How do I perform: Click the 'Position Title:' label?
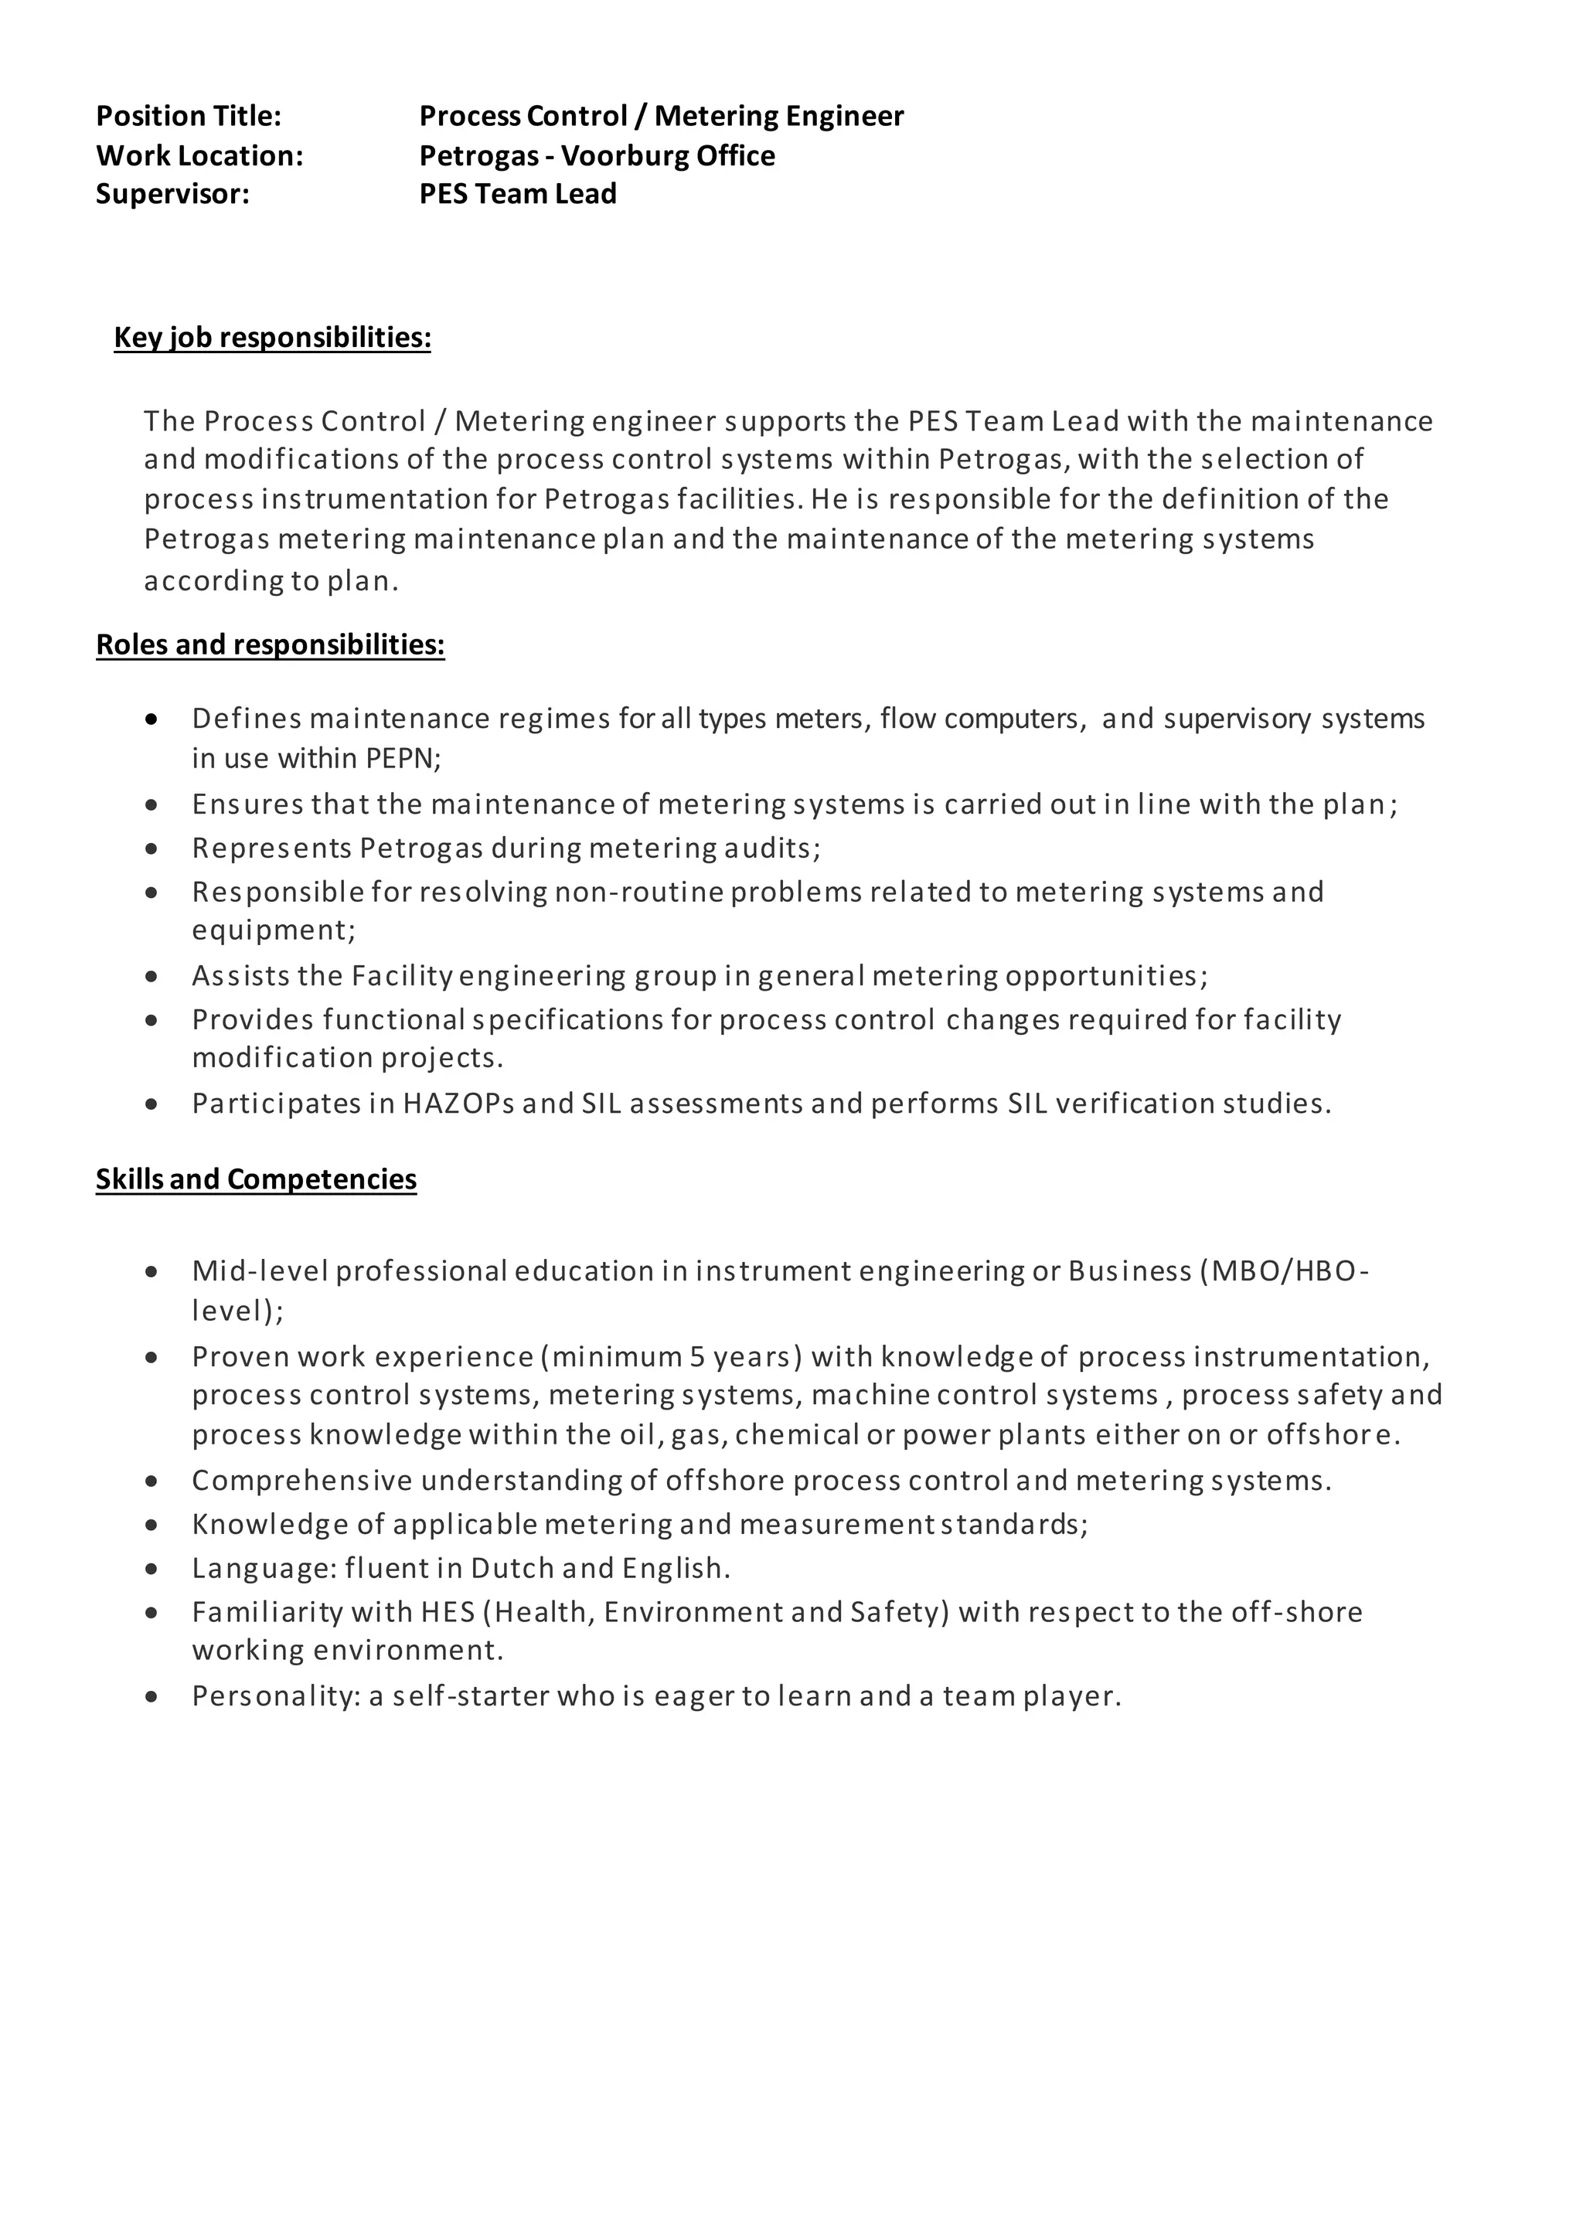(x=188, y=116)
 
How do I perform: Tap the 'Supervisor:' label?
(x=172, y=194)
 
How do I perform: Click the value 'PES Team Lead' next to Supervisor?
(x=518, y=194)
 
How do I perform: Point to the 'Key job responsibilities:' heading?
(x=272, y=337)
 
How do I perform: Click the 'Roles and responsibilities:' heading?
(x=270, y=645)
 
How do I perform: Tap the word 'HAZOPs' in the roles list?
(x=458, y=1104)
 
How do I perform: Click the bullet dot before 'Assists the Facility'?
(x=151, y=976)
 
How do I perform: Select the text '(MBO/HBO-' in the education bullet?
(x=1284, y=1271)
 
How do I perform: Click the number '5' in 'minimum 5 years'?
(x=697, y=1357)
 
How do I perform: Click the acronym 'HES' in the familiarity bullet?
(x=447, y=1612)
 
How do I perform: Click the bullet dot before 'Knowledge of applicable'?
(x=151, y=1525)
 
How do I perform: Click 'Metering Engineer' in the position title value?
(x=779, y=116)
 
